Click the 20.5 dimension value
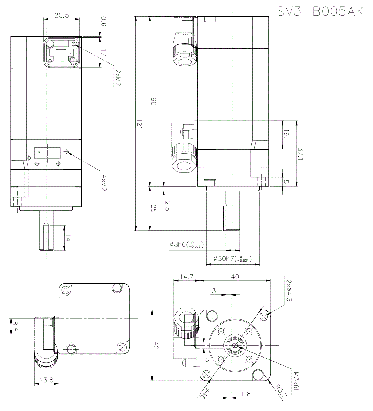tap(62, 15)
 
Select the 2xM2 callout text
tap(118, 77)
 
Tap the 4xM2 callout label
tap(105, 183)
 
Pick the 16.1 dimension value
tap(286, 135)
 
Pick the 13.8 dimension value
tap(46, 380)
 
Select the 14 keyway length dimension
tap(68, 238)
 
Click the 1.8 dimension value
tap(246, 393)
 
